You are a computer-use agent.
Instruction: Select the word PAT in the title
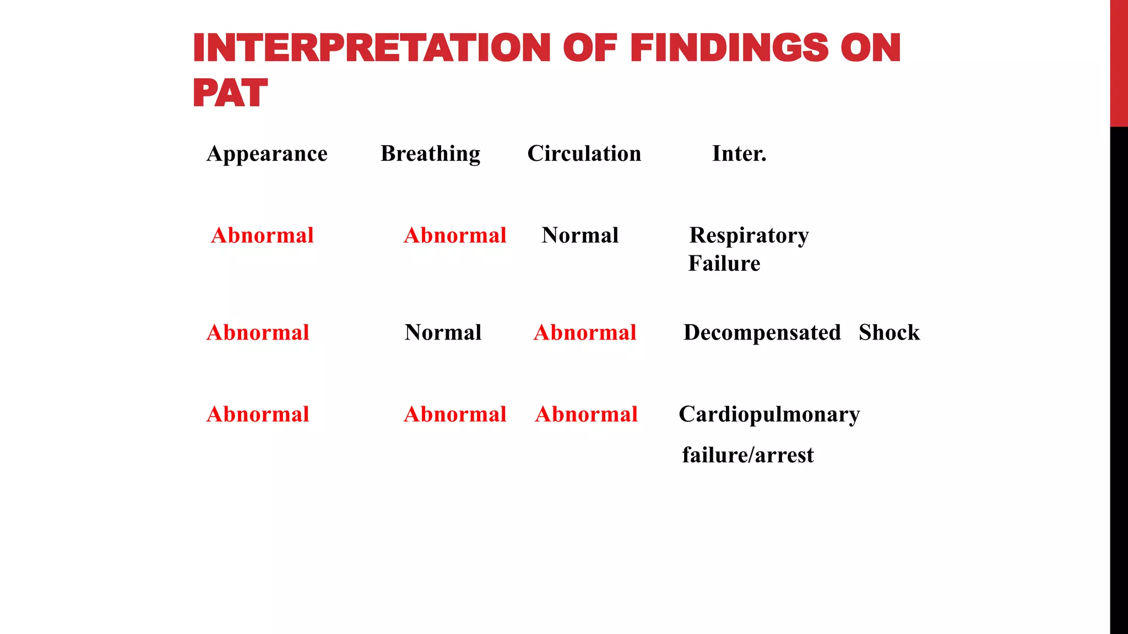click(230, 93)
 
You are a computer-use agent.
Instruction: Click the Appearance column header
click(267, 154)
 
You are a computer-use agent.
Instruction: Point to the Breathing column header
click(430, 154)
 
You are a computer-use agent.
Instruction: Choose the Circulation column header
click(584, 154)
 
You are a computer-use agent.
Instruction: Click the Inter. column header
click(739, 154)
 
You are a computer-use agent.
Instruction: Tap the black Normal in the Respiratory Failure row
click(580, 236)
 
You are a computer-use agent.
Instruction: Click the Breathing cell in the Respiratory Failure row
click(455, 236)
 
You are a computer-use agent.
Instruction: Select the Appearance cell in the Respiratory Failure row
click(262, 236)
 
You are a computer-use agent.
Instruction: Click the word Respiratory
click(749, 236)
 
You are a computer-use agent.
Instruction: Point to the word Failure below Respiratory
click(724, 264)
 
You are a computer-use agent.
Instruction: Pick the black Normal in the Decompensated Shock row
click(443, 332)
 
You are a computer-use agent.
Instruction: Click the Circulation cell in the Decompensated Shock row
click(585, 332)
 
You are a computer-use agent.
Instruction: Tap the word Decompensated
click(762, 332)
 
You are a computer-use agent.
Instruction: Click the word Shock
click(889, 332)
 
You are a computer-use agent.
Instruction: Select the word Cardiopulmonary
click(769, 414)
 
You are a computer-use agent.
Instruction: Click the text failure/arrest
click(747, 455)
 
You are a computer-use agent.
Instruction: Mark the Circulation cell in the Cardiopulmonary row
click(587, 414)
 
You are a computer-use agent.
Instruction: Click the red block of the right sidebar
click(1119, 63)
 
